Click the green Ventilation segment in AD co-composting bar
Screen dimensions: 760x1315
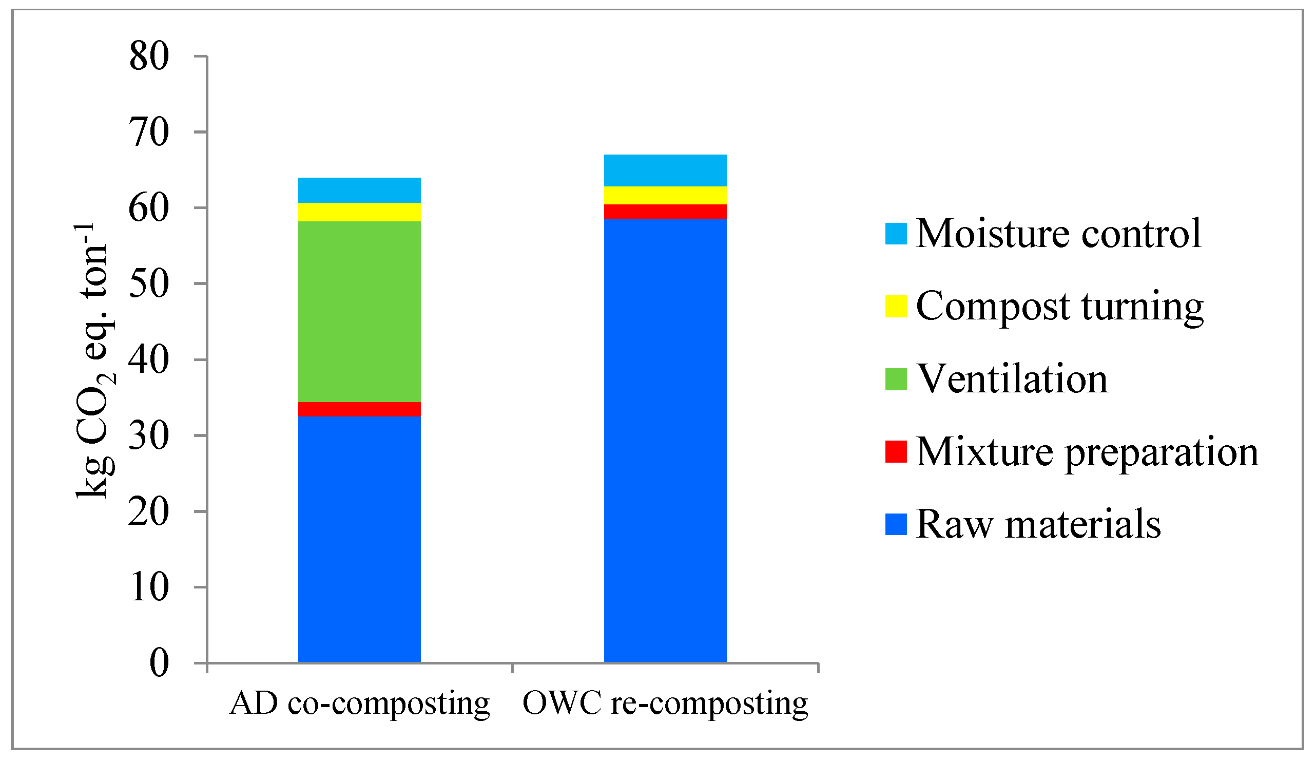pos(359,311)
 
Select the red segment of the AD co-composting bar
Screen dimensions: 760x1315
pos(359,409)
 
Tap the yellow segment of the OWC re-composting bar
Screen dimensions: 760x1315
pos(665,195)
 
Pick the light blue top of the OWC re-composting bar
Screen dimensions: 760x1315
pos(665,170)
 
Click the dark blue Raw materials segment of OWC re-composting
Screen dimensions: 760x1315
pos(665,439)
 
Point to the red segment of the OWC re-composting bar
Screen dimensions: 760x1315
pos(665,212)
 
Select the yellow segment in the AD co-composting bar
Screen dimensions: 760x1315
pos(359,212)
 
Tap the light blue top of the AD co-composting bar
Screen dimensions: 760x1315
pos(359,190)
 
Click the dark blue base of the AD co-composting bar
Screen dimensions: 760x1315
pos(359,538)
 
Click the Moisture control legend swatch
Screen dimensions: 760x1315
pos(896,233)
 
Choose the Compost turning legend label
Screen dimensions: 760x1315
pos(1059,307)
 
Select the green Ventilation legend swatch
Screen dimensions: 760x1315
pos(896,379)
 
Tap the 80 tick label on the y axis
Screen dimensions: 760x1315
pos(149,56)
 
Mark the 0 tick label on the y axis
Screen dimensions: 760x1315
pos(159,663)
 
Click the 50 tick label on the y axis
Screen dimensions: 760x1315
pos(149,284)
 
